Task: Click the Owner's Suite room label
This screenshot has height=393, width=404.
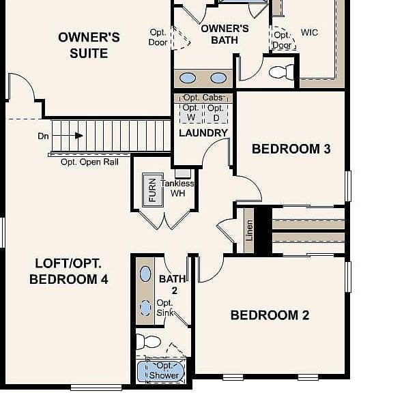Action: (x=89, y=45)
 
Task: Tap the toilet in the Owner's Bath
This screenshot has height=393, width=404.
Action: (x=281, y=72)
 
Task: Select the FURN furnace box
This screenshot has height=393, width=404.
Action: (x=153, y=190)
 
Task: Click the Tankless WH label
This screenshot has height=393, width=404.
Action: (x=177, y=188)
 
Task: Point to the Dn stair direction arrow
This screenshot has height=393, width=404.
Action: (x=68, y=136)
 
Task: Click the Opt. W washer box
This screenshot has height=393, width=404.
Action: (x=190, y=113)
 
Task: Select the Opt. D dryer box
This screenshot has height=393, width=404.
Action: (x=216, y=113)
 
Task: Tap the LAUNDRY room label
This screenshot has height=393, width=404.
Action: (x=203, y=133)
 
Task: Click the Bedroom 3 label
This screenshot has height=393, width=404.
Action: (x=291, y=149)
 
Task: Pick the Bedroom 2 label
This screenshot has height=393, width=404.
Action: (x=270, y=315)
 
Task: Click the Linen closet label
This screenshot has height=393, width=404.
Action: (x=249, y=230)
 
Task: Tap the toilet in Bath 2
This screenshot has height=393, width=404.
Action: (x=148, y=342)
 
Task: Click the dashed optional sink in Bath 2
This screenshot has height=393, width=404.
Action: (x=145, y=308)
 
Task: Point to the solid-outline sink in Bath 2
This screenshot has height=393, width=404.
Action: (x=145, y=274)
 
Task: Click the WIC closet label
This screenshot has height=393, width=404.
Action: (x=309, y=33)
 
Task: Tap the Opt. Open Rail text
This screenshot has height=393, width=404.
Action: (x=89, y=162)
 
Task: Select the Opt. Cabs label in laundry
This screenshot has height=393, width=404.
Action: (x=203, y=98)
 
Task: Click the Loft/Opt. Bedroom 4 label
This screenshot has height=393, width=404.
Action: (x=68, y=271)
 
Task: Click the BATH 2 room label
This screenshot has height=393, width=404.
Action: (x=173, y=285)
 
